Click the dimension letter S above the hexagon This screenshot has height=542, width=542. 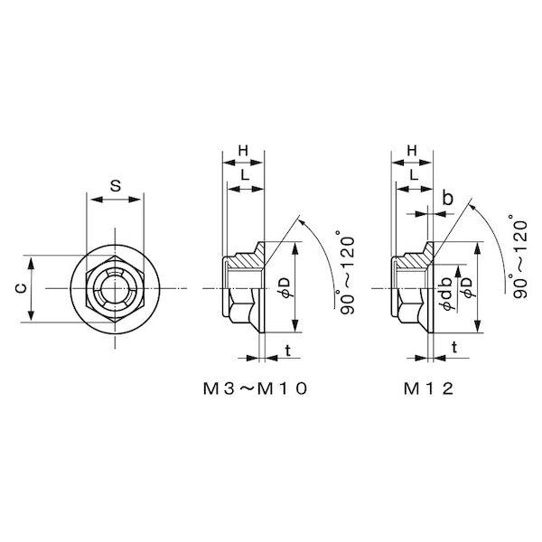tap(116, 186)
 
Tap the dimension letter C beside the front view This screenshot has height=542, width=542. tap(21, 288)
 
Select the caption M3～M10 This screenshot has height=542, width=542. tap(255, 389)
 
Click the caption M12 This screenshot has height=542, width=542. tap(428, 389)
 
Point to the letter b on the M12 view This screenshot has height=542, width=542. tap(447, 198)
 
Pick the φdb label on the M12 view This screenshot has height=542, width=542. tap(446, 294)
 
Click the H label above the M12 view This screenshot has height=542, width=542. tap(411, 151)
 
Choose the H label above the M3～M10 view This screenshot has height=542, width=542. tap(243, 151)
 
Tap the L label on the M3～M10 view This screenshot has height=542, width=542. tap(245, 175)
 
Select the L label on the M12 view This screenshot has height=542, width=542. tap(414, 175)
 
